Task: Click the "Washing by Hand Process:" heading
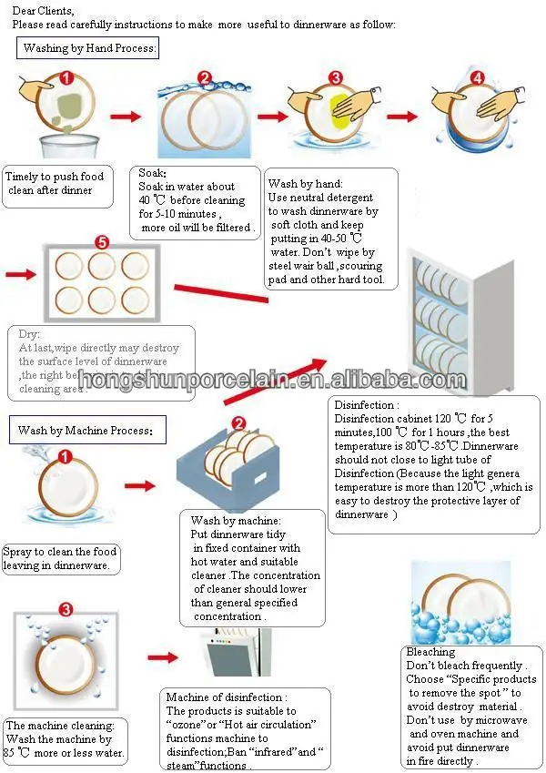[x=89, y=47]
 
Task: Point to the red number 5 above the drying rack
[x=101, y=243]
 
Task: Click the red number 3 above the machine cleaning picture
[x=65, y=609]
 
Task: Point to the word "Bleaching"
[x=431, y=652]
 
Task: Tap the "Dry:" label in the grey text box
[x=30, y=334]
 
